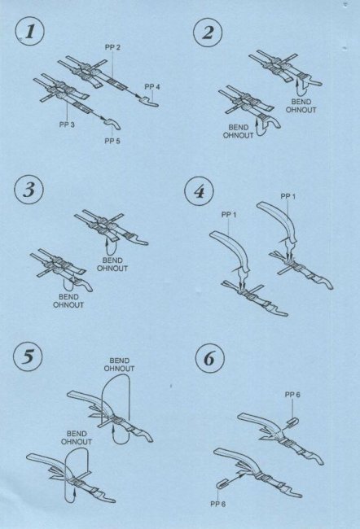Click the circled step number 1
(x=29, y=33)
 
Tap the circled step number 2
(x=208, y=33)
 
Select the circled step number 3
(x=29, y=190)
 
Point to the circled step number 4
(x=199, y=191)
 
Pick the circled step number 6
(x=209, y=358)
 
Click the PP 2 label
(x=112, y=47)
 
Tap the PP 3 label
(x=67, y=125)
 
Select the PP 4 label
(x=152, y=87)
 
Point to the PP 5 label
(x=112, y=141)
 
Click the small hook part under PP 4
(x=151, y=101)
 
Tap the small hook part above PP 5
(x=113, y=124)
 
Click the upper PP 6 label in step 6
(x=292, y=395)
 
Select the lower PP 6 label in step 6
(x=217, y=504)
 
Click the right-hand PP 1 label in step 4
(x=288, y=196)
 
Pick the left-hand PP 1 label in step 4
(x=229, y=215)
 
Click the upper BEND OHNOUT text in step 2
(x=301, y=106)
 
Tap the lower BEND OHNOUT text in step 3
(x=68, y=301)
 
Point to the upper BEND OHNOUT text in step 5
(x=119, y=365)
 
